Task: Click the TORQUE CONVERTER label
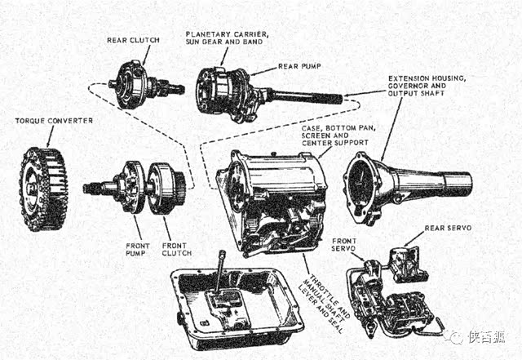(x=53, y=121)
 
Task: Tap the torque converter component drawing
(x=42, y=189)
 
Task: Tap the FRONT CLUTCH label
(x=176, y=248)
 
